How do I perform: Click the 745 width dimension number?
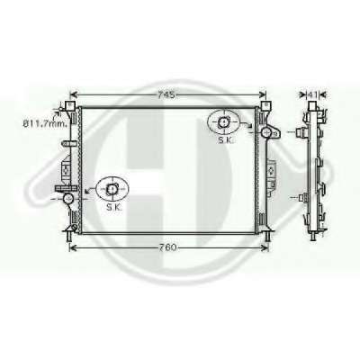point(166,94)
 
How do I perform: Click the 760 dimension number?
point(166,247)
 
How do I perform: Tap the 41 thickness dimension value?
point(312,94)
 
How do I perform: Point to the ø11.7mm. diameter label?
point(45,123)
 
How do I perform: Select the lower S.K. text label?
point(113,207)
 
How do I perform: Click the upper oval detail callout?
point(223,122)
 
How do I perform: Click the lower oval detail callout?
point(112,189)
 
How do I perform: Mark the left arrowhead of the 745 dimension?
point(74,94)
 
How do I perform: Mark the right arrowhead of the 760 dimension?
point(265,247)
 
